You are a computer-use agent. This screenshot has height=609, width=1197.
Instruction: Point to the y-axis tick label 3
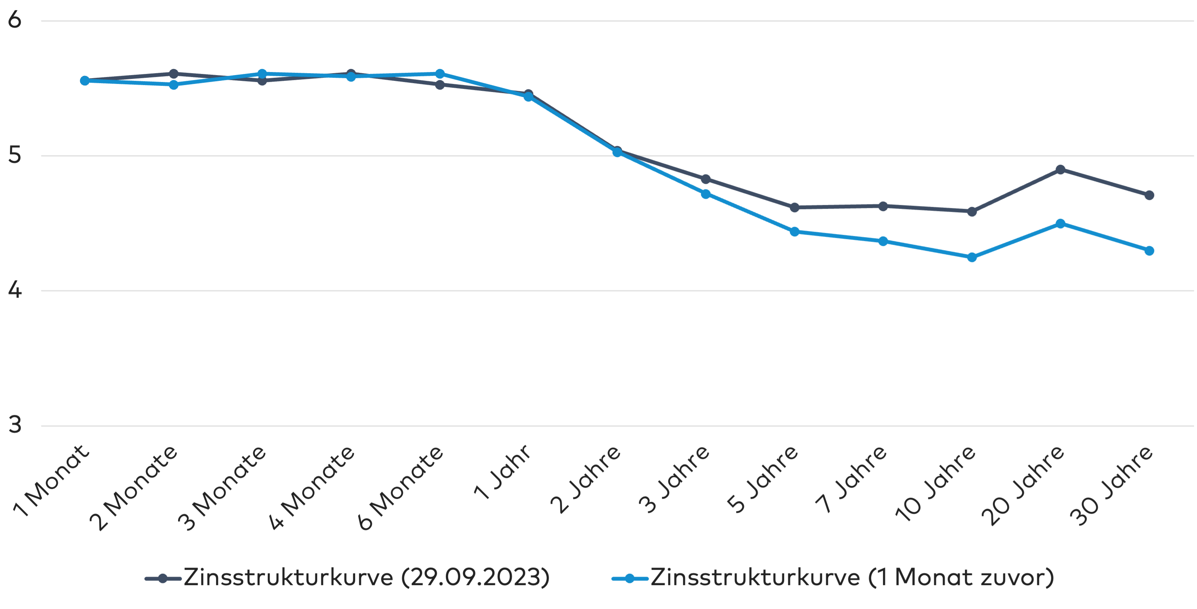(15, 425)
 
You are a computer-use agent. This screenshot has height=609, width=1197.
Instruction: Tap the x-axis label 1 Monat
(51, 481)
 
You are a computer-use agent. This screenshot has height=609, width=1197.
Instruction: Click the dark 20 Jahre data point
(1060, 170)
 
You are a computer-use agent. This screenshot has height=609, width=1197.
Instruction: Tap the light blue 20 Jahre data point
(1060, 223)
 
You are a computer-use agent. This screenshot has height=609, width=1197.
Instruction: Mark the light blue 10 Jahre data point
(972, 257)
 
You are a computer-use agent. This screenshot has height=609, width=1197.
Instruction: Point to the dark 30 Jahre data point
(1149, 195)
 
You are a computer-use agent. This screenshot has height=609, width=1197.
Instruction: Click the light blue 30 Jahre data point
(1149, 251)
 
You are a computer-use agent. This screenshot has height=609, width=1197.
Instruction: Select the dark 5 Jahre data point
(794, 207)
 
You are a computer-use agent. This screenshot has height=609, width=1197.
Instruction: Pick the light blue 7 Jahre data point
(883, 241)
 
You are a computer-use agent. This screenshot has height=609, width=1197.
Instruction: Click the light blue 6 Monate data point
(440, 74)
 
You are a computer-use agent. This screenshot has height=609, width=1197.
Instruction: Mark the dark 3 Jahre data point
(706, 179)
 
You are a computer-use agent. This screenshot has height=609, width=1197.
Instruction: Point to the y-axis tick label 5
(15, 155)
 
